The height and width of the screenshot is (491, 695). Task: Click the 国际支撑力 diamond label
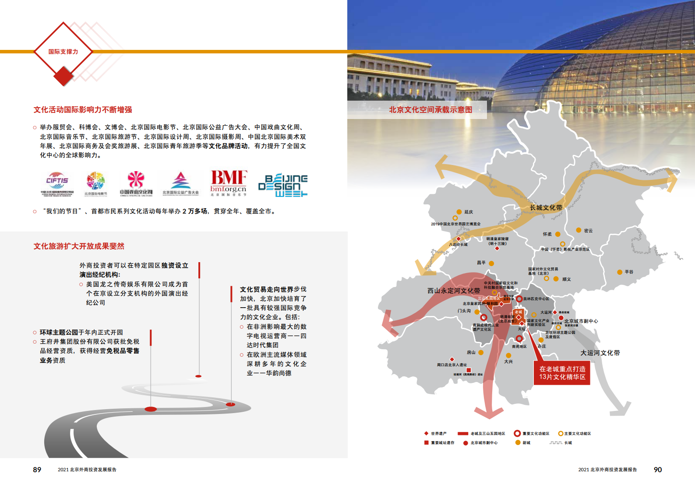click(x=63, y=52)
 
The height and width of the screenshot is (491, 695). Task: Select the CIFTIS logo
click(x=57, y=183)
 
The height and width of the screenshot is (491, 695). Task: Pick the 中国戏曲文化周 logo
click(x=136, y=183)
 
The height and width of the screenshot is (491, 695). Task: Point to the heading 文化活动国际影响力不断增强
click(x=83, y=110)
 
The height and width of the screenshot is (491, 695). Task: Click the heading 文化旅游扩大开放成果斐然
click(x=79, y=246)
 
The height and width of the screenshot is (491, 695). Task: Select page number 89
click(x=37, y=470)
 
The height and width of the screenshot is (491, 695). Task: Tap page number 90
click(x=658, y=470)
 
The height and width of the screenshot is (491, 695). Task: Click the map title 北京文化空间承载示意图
click(x=430, y=110)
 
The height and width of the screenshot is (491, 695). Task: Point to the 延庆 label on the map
click(x=469, y=212)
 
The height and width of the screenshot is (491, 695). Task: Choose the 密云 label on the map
click(x=588, y=231)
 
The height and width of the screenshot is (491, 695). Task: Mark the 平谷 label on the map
click(x=629, y=272)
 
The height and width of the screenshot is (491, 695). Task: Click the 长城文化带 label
click(x=546, y=207)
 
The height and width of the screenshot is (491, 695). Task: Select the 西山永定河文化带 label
click(x=454, y=291)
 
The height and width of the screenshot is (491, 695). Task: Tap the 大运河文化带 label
click(x=600, y=353)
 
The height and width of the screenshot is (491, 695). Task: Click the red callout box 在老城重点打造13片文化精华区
click(x=562, y=373)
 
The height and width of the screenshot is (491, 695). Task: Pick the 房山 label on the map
click(x=471, y=352)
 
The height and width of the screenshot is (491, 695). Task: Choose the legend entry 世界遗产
click(x=438, y=434)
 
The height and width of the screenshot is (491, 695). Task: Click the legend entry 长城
click(x=568, y=443)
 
